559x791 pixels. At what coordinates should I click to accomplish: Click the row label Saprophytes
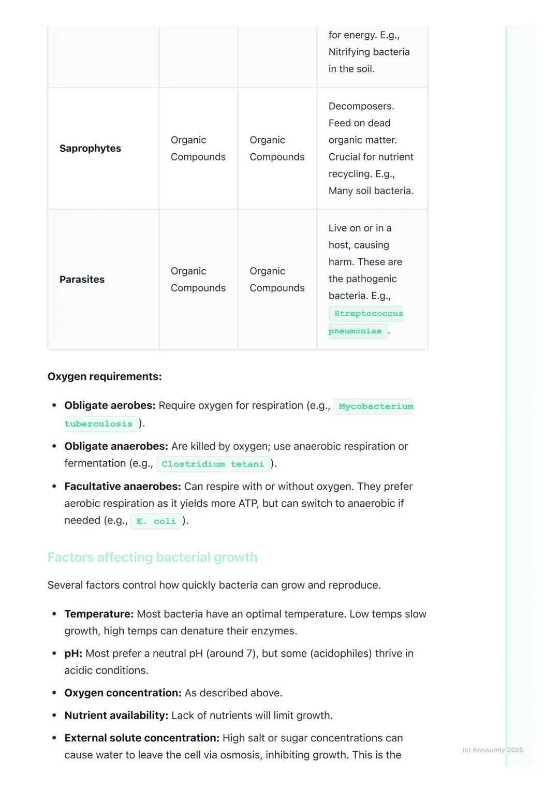(90, 149)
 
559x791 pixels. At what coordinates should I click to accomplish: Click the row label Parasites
(82, 280)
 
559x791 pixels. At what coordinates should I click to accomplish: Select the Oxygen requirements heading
(105, 376)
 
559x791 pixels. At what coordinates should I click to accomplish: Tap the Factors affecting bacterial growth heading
(152, 557)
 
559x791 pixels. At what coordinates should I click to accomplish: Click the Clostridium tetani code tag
(213, 464)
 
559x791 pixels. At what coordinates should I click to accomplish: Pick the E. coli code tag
(156, 521)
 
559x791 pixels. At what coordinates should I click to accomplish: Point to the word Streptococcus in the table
(368, 314)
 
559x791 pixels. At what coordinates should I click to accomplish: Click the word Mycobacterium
(376, 406)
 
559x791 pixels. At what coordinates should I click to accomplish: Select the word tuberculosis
(98, 424)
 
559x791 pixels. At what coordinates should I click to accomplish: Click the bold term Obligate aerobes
(110, 405)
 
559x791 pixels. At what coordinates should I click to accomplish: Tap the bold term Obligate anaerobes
(116, 446)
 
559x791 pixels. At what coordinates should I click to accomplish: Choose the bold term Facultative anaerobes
(122, 487)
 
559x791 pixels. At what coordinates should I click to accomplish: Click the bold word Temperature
(99, 614)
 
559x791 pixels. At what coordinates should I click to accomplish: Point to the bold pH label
(73, 653)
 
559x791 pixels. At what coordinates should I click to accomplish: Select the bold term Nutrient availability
(116, 715)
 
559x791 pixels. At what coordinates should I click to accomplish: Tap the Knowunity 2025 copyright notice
(492, 750)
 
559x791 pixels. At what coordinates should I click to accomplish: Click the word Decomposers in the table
(361, 106)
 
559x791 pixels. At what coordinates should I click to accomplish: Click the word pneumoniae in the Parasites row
(355, 331)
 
